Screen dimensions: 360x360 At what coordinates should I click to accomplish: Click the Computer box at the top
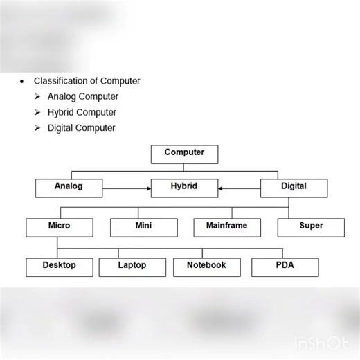tap(184, 154)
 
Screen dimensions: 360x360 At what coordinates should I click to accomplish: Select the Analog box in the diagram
tap(69, 188)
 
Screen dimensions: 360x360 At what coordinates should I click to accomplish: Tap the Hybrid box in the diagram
tap(184, 188)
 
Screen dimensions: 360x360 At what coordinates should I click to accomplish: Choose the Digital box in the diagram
tap(294, 188)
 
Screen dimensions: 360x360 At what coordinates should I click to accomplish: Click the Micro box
tap(60, 227)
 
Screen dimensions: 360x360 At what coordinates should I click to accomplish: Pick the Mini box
tap(144, 227)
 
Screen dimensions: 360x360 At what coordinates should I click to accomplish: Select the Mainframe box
tap(226, 227)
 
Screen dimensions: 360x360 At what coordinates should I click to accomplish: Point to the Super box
tap(311, 227)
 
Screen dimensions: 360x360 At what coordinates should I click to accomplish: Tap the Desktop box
tap(59, 267)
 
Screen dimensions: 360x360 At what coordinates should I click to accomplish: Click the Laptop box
tap(132, 267)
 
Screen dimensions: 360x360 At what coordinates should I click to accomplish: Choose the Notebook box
tap(206, 267)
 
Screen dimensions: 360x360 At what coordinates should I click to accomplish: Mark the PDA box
tap(285, 267)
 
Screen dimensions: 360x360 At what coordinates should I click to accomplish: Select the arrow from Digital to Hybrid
tap(239, 188)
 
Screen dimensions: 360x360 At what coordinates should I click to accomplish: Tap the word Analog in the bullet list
tap(62, 97)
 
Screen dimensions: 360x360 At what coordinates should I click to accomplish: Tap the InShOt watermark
tap(323, 343)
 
